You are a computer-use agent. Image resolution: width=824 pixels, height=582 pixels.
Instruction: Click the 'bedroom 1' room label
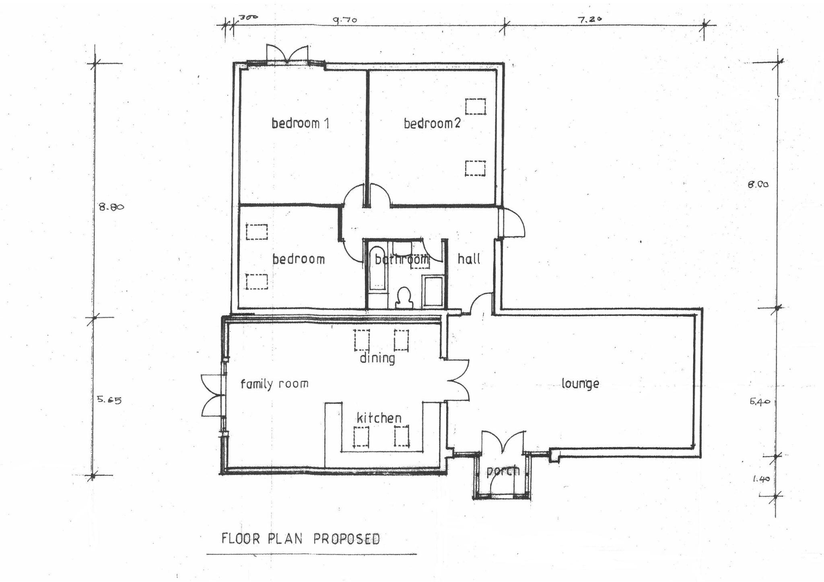point(300,123)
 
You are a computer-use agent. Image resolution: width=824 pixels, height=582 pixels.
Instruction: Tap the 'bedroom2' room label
point(432,123)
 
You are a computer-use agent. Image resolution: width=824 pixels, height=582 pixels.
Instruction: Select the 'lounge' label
point(580,384)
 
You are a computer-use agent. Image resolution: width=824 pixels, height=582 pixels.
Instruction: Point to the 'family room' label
point(274,384)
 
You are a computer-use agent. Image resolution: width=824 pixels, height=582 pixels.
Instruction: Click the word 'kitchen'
point(379,418)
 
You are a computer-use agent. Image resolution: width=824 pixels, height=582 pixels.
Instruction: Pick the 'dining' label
point(377,358)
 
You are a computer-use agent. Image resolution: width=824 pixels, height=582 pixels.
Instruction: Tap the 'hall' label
point(469,259)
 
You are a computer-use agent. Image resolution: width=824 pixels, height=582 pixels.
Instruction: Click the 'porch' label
point(503,471)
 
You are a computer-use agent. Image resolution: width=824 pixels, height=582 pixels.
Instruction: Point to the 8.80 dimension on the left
point(111,207)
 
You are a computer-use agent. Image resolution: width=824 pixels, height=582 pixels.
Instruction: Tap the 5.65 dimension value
point(109,400)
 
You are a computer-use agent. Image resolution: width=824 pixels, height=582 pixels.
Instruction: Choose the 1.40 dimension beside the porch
point(760,479)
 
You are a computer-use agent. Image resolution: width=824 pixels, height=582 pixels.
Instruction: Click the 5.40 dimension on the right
point(760,402)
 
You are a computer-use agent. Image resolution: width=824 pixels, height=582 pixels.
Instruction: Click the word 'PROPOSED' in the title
point(346,539)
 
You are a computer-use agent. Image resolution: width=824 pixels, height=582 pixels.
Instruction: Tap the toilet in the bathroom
point(404,298)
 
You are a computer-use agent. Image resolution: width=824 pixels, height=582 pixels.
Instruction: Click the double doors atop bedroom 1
point(287,54)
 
